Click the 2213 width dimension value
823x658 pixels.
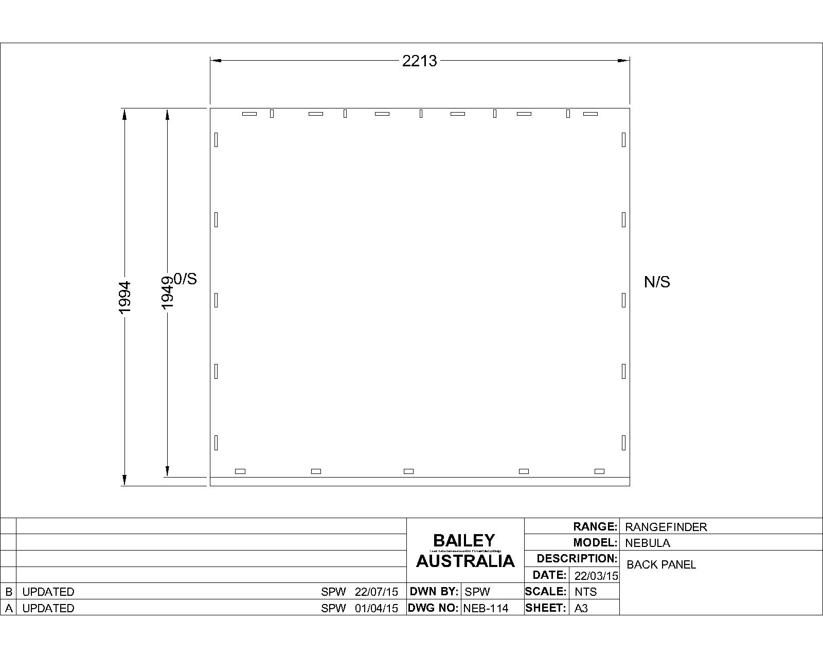tap(419, 61)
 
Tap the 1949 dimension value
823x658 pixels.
tap(168, 293)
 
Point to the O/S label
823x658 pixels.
tap(186, 279)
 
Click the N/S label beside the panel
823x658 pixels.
tap(657, 282)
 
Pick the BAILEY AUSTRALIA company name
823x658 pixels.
tap(465, 551)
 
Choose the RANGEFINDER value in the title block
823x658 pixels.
tap(666, 527)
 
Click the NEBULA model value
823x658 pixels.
tap(647, 543)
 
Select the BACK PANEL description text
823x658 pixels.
tap(661, 564)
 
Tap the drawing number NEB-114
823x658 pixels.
tap(486, 608)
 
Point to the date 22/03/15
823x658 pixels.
tap(596, 576)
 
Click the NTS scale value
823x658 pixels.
tap(585, 592)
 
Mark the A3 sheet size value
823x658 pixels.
tap(581, 608)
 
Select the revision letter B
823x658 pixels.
tap(8, 592)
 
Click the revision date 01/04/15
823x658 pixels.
tap(376, 608)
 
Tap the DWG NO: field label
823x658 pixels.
tap(433, 608)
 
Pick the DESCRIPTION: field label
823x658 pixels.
tap(577, 558)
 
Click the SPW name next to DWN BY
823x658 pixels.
tap(477, 592)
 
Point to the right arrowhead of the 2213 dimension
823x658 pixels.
tap(624, 61)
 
